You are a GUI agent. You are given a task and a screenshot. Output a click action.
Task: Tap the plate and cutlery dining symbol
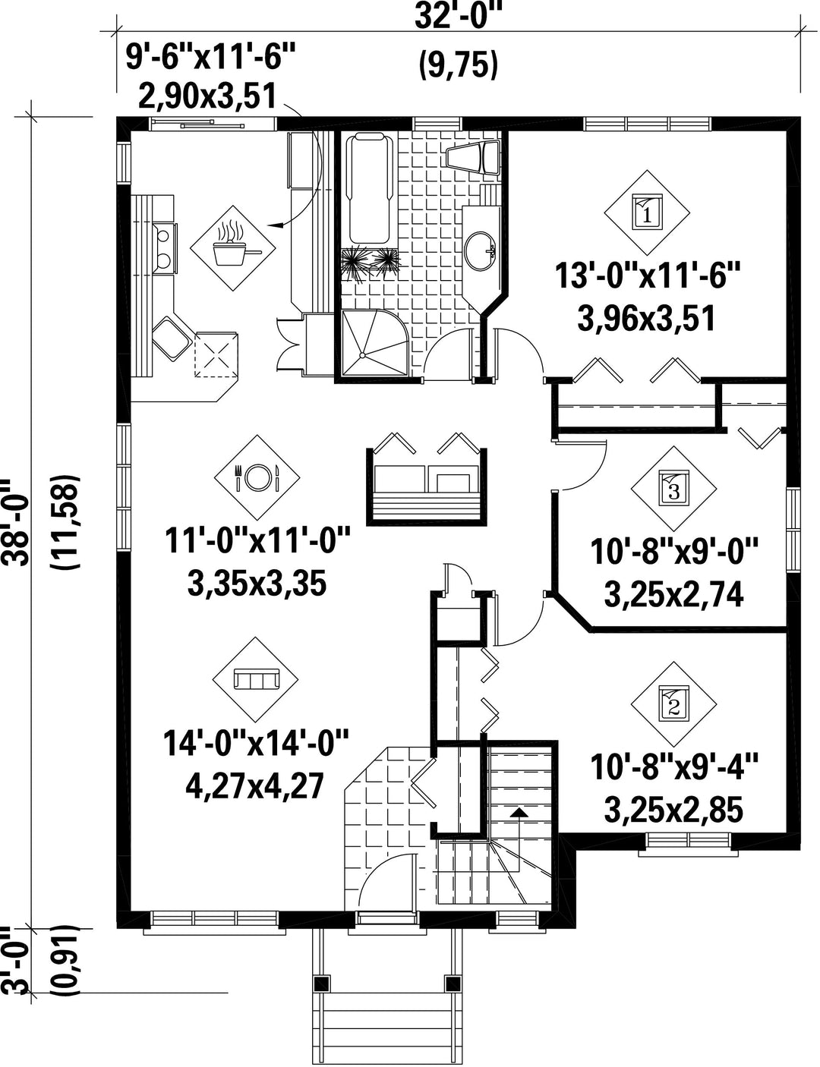coord(257,477)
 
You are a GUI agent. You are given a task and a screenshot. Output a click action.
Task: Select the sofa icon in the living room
coord(255,680)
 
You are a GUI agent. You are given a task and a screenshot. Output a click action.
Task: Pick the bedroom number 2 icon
coord(673,705)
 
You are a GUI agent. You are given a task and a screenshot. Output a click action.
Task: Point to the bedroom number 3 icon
coord(673,489)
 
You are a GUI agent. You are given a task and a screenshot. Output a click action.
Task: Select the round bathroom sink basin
coord(480,250)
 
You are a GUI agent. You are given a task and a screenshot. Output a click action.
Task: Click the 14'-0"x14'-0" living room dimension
coord(256,744)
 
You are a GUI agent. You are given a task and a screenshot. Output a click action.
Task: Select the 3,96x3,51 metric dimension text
coord(645,319)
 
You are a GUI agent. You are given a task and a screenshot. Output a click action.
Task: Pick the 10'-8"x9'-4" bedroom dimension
coord(673,767)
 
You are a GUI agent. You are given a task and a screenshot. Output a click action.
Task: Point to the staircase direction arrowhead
coord(519,812)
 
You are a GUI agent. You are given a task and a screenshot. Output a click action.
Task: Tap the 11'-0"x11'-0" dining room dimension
coord(257,541)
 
